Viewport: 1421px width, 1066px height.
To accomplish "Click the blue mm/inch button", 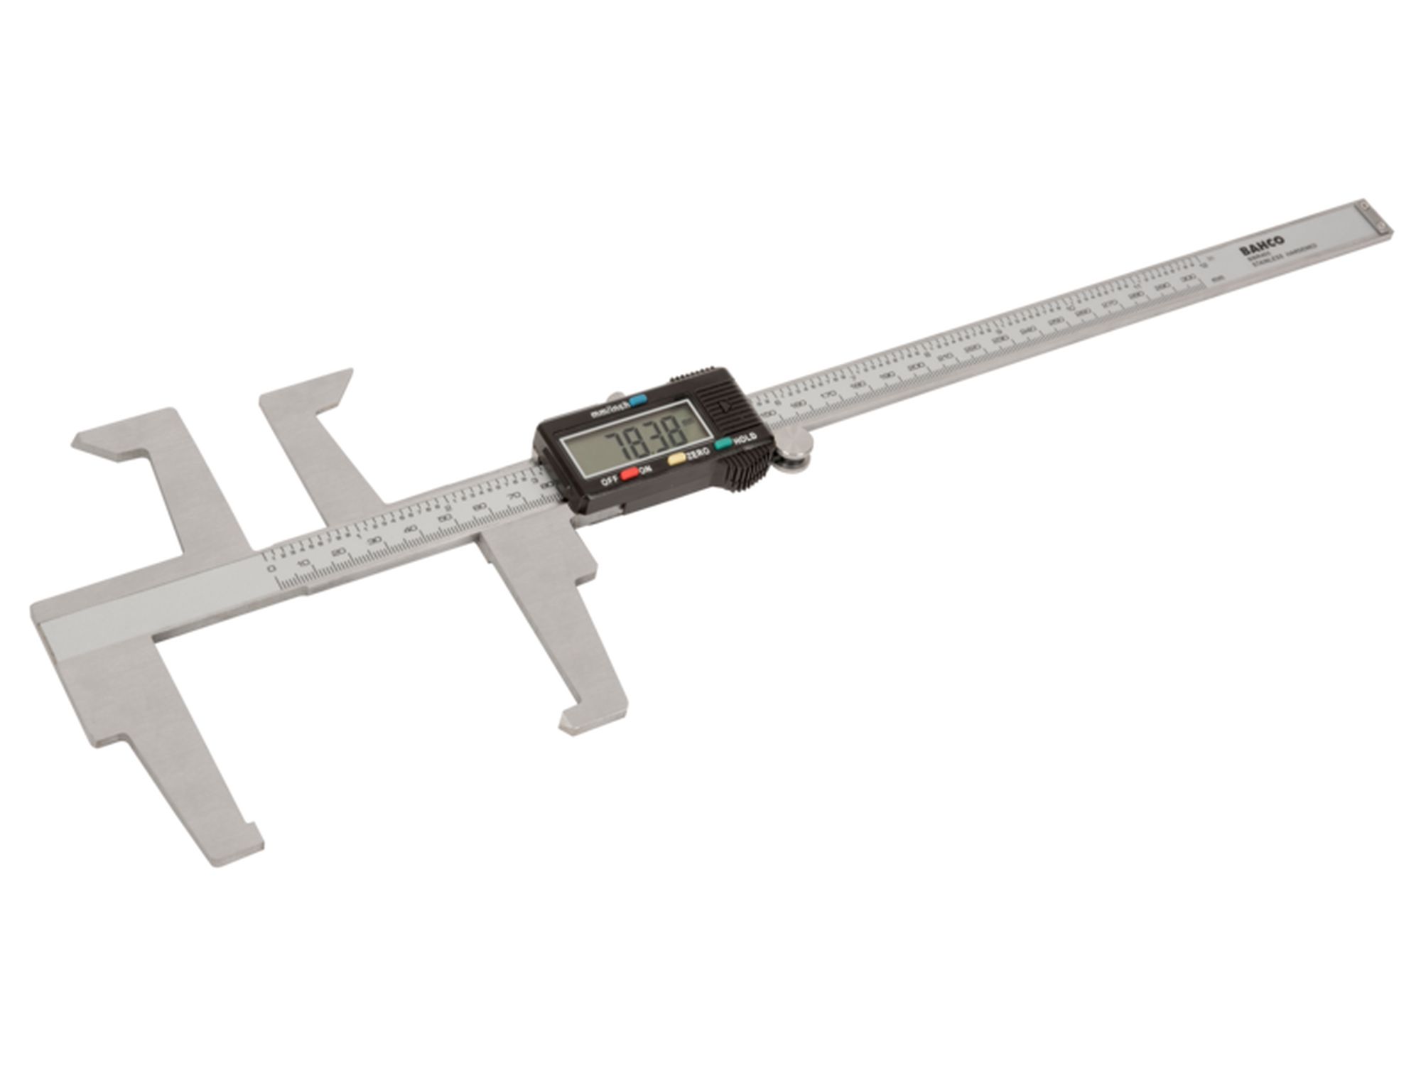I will [x=639, y=401].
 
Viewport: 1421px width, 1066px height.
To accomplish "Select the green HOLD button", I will [x=724, y=444].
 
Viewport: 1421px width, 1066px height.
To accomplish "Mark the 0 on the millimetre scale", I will [x=270, y=569].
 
